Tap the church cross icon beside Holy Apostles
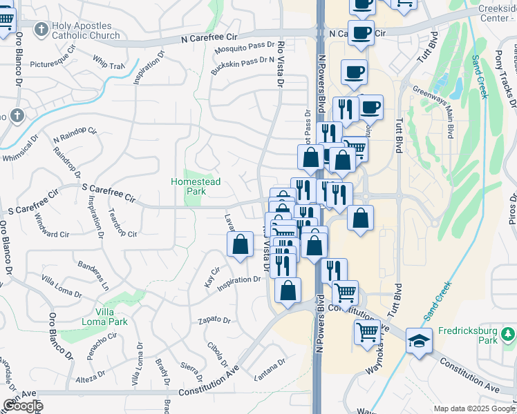coord(41,30)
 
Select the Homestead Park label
coord(196,186)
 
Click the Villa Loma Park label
coord(111,317)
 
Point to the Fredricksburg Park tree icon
coord(509,335)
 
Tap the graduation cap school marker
coord(418,341)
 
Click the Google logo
coord(22,406)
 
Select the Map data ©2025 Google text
coord(474,408)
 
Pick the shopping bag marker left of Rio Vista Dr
coord(240,245)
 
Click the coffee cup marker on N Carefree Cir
coord(360,32)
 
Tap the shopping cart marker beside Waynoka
coord(368,333)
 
